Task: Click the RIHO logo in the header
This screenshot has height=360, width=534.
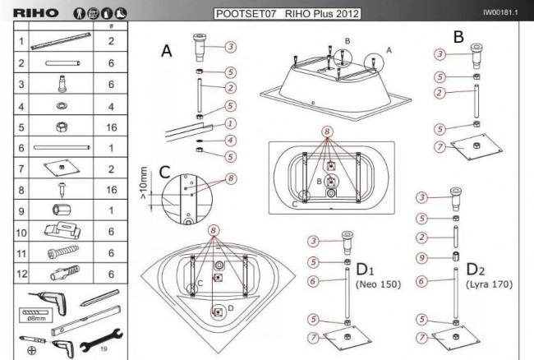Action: (x=36, y=13)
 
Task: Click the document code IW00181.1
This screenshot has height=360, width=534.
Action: (x=500, y=12)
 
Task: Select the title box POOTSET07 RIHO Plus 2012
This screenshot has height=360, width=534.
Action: (x=287, y=14)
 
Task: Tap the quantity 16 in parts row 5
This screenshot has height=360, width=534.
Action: (x=112, y=127)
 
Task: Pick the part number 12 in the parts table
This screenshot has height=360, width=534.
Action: (x=21, y=274)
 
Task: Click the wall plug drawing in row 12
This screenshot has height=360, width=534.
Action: (x=65, y=273)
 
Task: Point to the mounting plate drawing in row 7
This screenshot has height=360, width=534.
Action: (x=62, y=168)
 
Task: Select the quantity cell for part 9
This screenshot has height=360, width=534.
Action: (x=111, y=210)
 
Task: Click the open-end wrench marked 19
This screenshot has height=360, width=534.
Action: (x=101, y=340)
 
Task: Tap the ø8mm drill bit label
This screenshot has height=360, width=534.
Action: (x=36, y=318)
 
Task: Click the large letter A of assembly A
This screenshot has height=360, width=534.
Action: (x=167, y=51)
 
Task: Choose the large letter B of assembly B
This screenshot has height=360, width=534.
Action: (x=458, y=37)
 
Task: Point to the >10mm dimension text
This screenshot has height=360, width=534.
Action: (x=144, y=182)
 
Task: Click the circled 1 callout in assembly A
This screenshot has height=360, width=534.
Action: (x=231, y=123)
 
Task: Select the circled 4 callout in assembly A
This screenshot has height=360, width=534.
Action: (x=231, y=140)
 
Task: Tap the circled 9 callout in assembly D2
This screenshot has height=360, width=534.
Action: (x=422, y=258)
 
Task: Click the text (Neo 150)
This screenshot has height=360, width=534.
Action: (x=378, y=284)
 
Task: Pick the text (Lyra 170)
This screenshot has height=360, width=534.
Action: (x=489, y=284)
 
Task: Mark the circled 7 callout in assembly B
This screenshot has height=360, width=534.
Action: (x=440, y=147)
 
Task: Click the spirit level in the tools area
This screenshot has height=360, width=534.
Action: (x=85, y=321)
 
